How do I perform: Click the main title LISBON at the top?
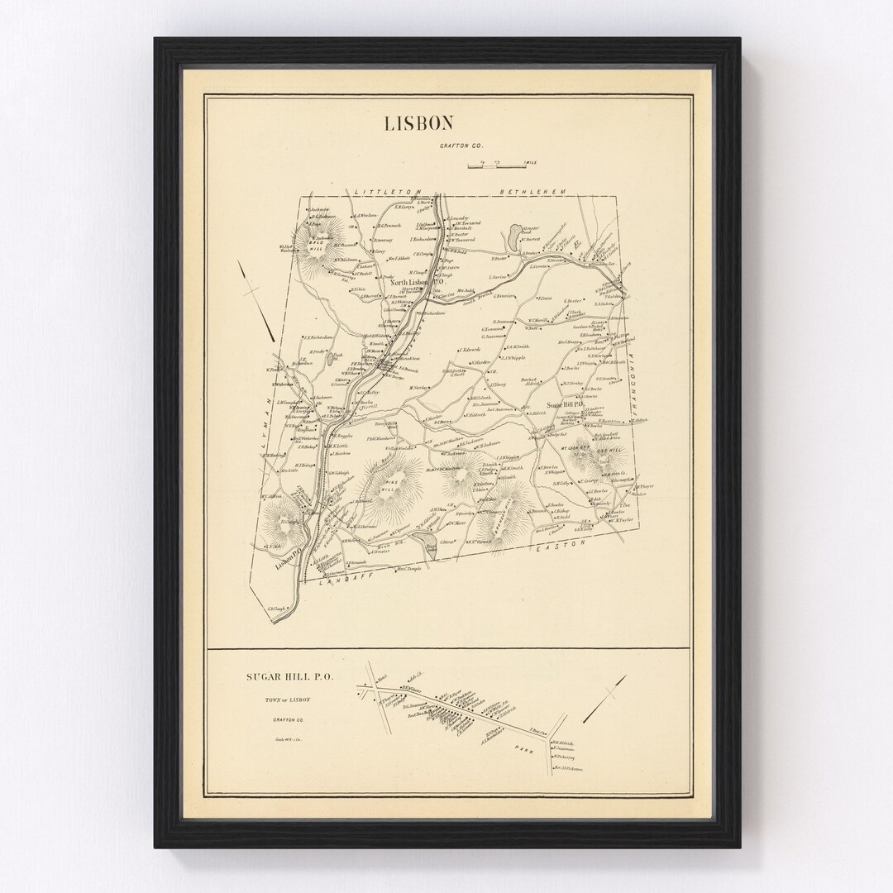[418, 123]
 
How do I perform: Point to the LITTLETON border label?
[388, 192]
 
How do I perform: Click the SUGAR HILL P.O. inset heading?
[289, 676]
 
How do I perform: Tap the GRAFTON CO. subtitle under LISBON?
[443, 146]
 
